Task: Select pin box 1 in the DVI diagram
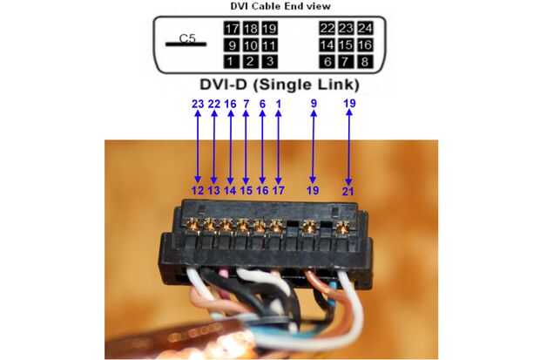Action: (230, 61)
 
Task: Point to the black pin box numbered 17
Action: (230, 28)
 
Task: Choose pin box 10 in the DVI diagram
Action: (251, 44)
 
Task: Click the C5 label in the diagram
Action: (187, 38)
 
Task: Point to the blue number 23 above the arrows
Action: (198, 104)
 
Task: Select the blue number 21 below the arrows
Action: (348, 189)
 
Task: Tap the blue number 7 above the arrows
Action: (246, 104)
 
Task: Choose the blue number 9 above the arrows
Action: (314, 104)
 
